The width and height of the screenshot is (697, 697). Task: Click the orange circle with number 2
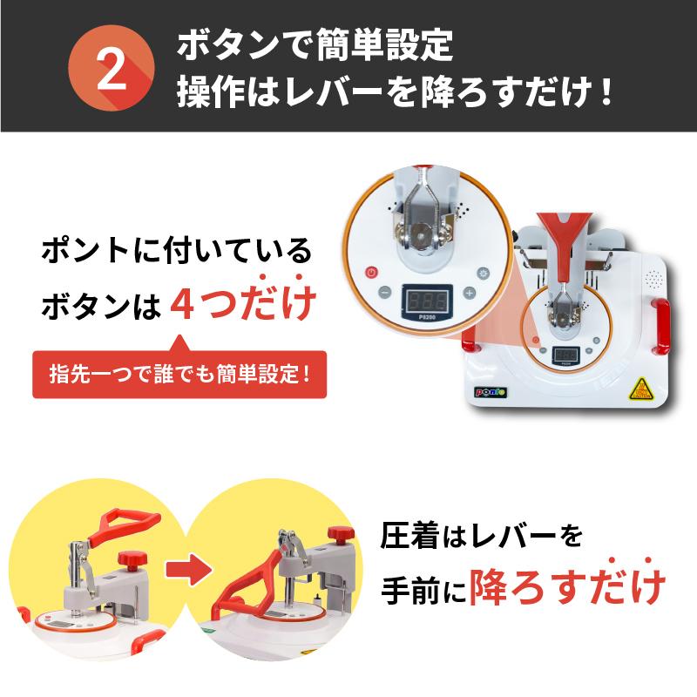coord(112,68)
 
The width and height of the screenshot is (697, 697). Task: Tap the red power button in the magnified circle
coord(372,273)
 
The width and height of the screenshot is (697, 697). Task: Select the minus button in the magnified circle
coord(384,293)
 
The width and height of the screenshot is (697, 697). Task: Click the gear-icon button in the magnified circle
coord(483,273)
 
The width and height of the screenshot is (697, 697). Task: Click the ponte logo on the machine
coord(491,391)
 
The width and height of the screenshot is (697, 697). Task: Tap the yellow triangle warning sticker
coord(640,389)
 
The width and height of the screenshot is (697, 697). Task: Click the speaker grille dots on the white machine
coord(653,279)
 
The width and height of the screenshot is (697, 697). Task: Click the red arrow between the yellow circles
coord(188,570)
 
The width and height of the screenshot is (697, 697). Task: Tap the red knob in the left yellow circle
coord(132,560)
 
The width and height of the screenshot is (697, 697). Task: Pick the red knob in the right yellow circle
coord(341,535)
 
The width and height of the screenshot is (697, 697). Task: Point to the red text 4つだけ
coord(243,302)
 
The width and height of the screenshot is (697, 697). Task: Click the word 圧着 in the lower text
coord(409,536)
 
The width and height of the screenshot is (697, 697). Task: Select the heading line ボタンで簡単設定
coord(315,45)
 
